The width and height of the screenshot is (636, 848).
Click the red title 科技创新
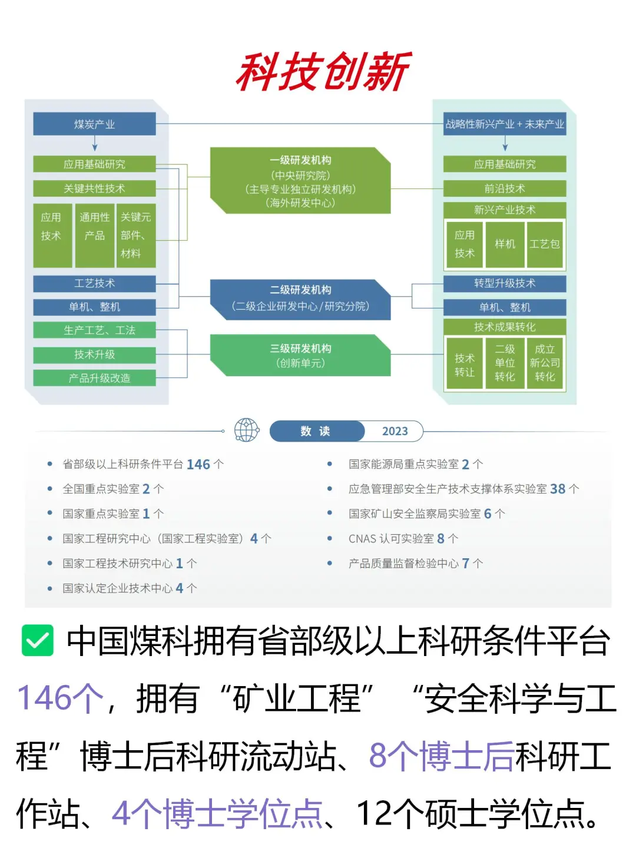(323, 72)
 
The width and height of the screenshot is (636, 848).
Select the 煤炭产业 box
(94, 124)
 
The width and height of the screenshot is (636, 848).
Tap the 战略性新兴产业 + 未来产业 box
(505, 124)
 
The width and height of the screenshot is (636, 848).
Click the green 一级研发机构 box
(300, 181)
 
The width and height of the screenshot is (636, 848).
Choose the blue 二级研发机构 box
(300, 299)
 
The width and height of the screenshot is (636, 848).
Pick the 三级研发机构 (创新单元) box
(300, 356)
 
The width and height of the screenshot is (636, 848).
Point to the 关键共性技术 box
(94, 188)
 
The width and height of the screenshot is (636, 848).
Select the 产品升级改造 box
(94, 378)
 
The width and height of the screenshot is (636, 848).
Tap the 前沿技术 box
(505, 188)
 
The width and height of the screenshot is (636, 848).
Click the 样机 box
(505, 244)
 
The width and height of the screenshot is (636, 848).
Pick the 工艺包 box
(545, 244)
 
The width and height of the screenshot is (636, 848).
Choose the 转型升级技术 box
(505, 283)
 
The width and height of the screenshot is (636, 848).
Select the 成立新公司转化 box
(545, 363)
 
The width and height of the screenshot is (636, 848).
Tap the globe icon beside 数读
(247, 430)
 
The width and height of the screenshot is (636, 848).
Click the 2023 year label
(395, 431)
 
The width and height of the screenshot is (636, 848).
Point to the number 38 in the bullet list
(558, 489)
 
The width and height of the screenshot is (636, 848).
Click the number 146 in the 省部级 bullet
(198, 464)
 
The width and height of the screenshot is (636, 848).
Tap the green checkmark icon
(37, 640)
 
